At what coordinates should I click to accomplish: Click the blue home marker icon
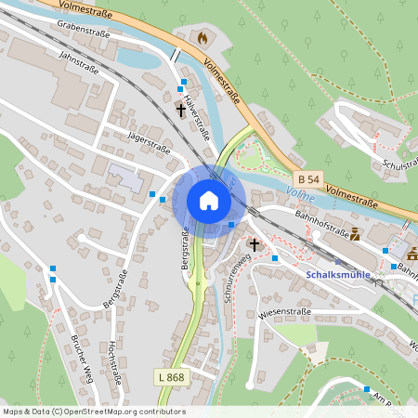[x=209, y=200]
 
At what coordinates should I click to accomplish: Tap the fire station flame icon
[x=202, y=38]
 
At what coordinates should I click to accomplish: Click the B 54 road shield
[x=308, y=178]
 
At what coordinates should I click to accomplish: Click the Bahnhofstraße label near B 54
[x=320, y=218]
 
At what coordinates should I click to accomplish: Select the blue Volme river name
[x=301, y=195]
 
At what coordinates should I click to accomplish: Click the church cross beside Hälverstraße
[x=182, y=109]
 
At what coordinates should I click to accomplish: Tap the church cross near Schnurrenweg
[x=255, y=245]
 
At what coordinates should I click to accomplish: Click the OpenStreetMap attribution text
[x=94, y=411]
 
